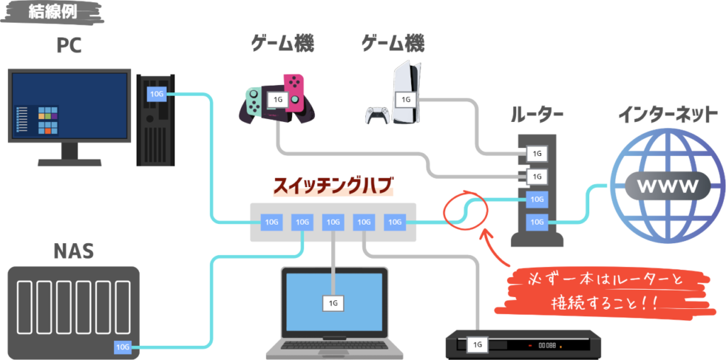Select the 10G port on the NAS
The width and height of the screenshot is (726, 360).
tap(123, 347)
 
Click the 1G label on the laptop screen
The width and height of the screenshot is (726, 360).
tap(333, 303)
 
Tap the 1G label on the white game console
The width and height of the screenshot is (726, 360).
tap(406, 100)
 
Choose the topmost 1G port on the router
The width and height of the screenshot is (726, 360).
tap(537, 153)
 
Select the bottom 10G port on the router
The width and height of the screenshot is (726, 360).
tap(537, 223)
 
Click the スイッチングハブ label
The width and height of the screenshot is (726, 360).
tap(333, 187)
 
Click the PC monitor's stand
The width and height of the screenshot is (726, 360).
tap(69, 152)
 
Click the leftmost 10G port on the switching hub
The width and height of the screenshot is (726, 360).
tap(272, 223)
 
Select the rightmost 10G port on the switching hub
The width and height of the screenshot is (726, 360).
tap(395, 223)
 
